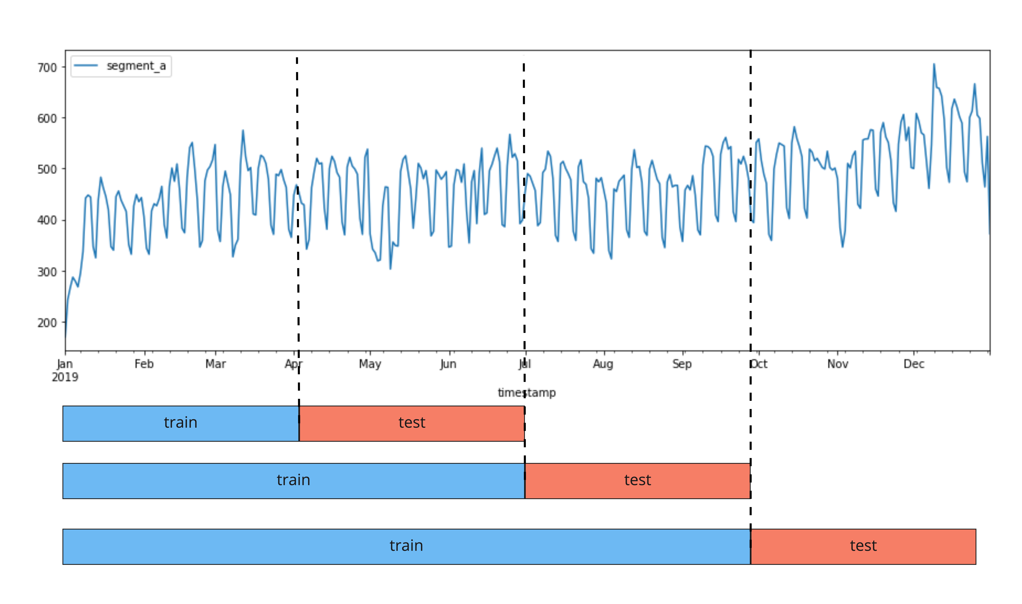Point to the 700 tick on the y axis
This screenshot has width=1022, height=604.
click(x=47, y=68)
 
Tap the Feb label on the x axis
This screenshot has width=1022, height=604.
click(x=144, y=364)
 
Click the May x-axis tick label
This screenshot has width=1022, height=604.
click(x=370, y=364)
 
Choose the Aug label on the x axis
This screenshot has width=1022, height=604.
click(x=603, y=364)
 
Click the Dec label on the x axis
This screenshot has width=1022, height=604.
click(x=914, y=364)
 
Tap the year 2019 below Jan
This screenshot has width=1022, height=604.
click(x=65, y=377)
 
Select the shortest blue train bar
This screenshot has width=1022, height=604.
click(x=181, y=423)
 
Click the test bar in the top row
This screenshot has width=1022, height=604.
click(x=412, y=423)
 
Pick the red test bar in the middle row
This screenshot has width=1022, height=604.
click(x=637, y=481)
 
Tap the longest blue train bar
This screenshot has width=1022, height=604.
click(x=406, y=546)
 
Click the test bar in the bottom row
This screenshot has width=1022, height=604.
click(x=863, y=546)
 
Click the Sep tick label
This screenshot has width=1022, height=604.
click(x=682, y=364)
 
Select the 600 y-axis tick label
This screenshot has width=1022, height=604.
click(x=47, y=118)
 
